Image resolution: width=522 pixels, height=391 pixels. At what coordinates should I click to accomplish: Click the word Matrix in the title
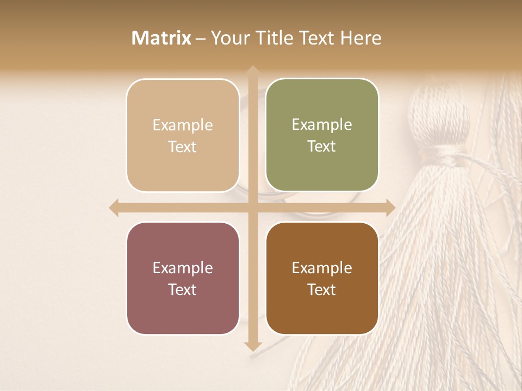[x=161, y=38]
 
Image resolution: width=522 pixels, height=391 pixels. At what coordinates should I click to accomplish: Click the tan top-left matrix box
[x=183, y=135]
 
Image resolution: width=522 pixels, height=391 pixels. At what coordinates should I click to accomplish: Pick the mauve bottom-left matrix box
[x=183, y=278]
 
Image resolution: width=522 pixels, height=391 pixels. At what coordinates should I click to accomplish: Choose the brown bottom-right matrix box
[x=322, y=278]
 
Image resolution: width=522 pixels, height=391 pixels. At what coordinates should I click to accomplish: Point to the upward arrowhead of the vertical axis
[x=252, y=72]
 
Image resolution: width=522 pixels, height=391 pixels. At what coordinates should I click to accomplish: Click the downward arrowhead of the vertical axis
[x=252, y=345]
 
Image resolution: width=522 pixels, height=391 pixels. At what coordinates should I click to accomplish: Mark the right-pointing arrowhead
[x=389, y=208]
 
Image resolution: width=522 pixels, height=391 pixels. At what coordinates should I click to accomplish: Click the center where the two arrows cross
[x=252, y=208]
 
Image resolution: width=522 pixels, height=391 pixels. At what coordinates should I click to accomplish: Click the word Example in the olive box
[x=322, y=124]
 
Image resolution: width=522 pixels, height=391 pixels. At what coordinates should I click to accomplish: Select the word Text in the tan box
[x=183, y=147]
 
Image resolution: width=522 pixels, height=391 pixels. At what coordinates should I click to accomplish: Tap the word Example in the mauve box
[x=183, y=268]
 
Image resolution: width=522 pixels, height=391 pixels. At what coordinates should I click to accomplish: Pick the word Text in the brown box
[x=322, y=290]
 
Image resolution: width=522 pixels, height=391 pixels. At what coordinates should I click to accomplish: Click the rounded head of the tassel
[x=438, y=114]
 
